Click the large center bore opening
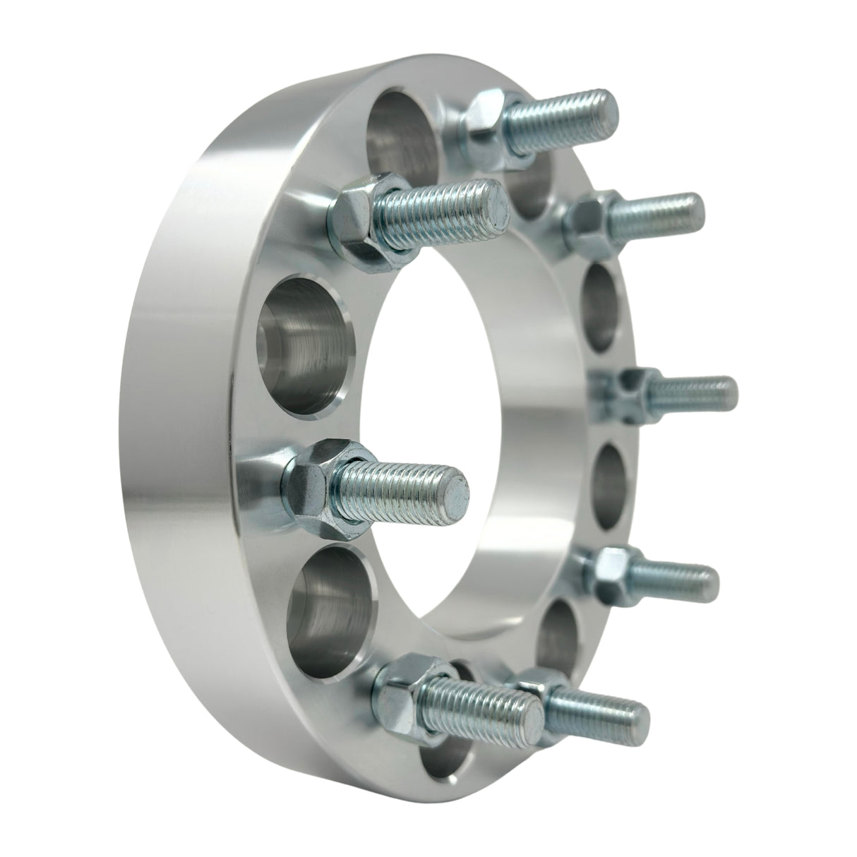point(452,424)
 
